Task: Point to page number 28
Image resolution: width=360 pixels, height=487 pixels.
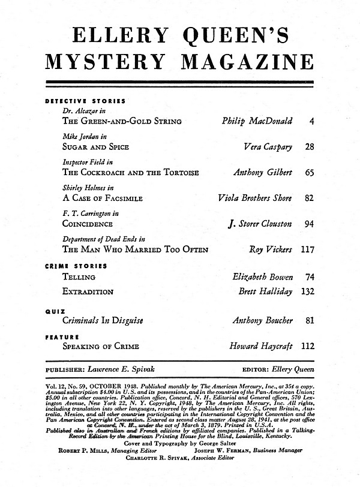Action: [x=310, y=146]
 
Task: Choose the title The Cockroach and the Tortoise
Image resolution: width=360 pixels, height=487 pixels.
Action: [x=130, y=172]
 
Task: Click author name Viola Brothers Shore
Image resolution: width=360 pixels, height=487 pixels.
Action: [x=255, y=198]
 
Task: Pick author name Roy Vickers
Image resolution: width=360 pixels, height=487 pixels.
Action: [x=271, y=249]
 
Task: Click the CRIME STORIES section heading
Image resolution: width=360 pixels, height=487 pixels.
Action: [x=76, y=265]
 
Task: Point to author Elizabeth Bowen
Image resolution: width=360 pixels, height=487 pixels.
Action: [x=262, y=277]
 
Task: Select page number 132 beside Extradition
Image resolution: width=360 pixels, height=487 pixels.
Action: [x=307, y=291]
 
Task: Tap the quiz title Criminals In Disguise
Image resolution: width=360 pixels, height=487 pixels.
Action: [x=103, y=320]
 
